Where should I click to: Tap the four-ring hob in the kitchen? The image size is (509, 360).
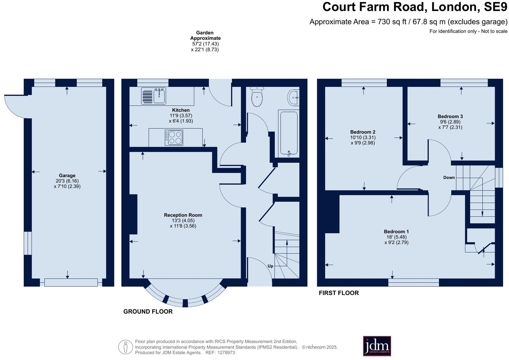(x=174, y=138)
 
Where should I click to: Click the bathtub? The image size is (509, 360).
(x=289, y=133)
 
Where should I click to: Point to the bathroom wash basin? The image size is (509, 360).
(x=294, y=97)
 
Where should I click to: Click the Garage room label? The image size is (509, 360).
(x=67, y=175)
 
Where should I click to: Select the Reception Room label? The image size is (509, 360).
(x=183, y=215)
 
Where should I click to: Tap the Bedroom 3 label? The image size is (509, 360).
(x=450, y=116)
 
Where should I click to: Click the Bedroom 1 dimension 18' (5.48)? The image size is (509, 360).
(x=396, y=237)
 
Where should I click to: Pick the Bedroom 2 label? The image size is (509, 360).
(x=363, y=132)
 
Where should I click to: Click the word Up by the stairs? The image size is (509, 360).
(x=270, y=266)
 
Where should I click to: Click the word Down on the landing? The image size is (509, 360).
(x=449, y=177)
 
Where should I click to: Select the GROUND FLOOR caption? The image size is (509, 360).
(x=148, y=311)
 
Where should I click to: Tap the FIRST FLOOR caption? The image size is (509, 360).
(x=339, y=293)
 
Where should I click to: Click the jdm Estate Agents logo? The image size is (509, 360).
(x=377, y=346)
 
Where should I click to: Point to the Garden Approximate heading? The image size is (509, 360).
(x=205, y=35)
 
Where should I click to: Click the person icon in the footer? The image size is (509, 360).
(x=125, y=347)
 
